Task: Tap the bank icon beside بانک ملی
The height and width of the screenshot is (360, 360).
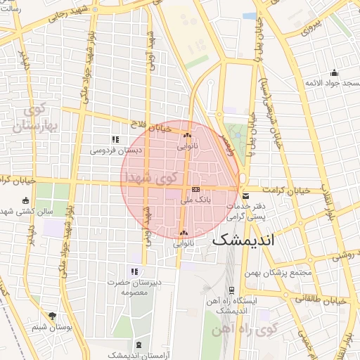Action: (195, 189)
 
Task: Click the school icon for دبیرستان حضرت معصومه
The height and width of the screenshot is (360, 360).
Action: (134, 271)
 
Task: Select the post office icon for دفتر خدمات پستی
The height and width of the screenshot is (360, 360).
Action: (245, 195)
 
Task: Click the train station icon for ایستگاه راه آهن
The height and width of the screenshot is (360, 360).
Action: (231, 289)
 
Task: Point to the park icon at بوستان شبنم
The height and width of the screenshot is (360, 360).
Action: (51, 316)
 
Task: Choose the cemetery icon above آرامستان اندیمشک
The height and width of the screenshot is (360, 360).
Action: (138, 345)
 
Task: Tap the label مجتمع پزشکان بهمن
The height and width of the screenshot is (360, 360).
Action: (276, 272)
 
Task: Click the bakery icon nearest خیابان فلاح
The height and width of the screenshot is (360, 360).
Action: (186, 136)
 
